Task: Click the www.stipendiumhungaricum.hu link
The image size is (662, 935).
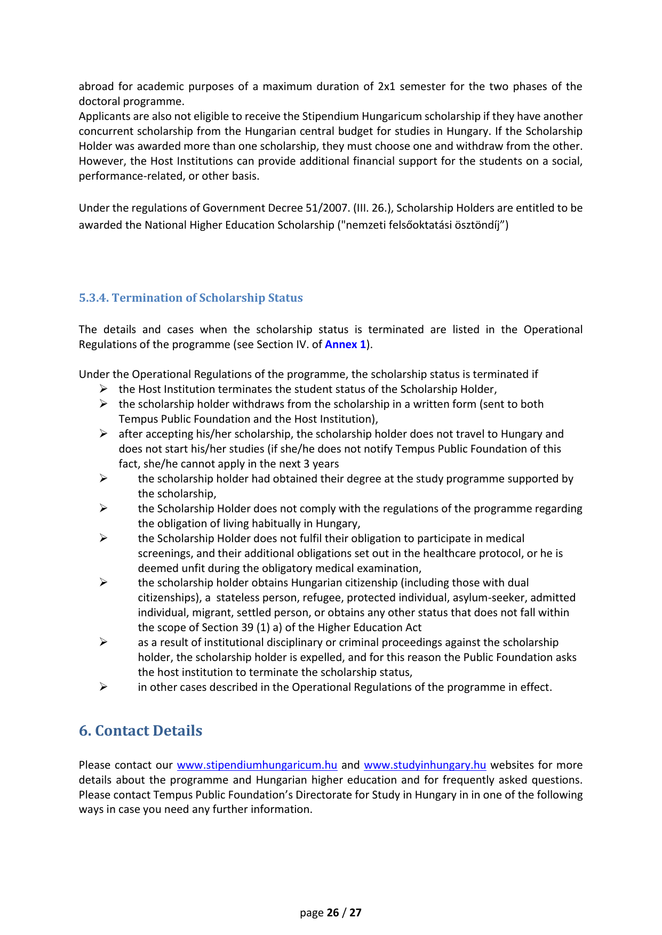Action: click(x=257, y=765)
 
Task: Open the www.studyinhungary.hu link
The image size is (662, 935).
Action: click(x=425, y=765)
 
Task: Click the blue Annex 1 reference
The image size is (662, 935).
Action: click(x=345, y=344)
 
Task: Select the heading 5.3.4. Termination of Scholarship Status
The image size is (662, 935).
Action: click(x=190, y=298)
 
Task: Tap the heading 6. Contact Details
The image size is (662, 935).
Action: click(x=140, y=730)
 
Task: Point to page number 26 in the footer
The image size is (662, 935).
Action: click(x=333, y=913)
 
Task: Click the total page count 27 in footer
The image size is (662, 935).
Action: click(x=355, y=913)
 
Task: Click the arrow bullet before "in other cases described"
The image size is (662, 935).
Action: click(x=103, y=687)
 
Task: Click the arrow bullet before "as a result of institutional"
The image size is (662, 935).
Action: click(x=103, y=642)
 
